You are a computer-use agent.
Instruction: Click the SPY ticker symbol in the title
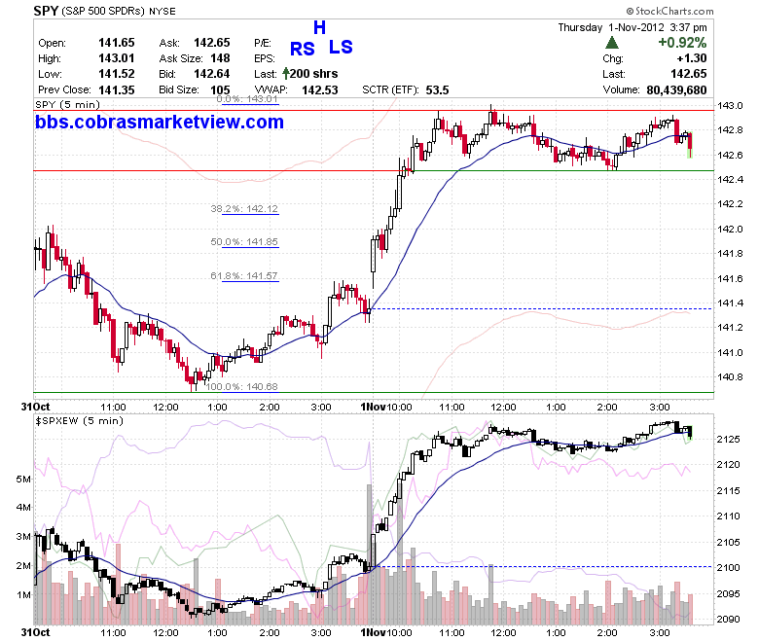pyautogui.click(x=46, y=10)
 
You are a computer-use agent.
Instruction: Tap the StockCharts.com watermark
pyautogui.click(x=669, y=11)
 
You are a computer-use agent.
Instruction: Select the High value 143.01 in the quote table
pyautogui.click(x=117, y=58)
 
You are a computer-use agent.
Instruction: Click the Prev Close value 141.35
pyautogui.click(x=117, y=90)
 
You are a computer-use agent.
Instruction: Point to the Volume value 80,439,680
pyautogui.click(x=676, y=90)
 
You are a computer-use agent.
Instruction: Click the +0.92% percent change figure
pyautogui.click(x=682, y=43)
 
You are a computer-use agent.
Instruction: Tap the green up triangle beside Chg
pyautogui.click(x=612, y=43)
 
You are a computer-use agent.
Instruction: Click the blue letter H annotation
pyautogui.click(x=319, y=27)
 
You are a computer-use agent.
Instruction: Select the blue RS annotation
pyautogui.click(x=303, y=49)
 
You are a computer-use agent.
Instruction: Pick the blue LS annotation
pyautogui.click(x=341, y=47)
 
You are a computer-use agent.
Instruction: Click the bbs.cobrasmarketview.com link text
pyautogui.click(x=160, y=122)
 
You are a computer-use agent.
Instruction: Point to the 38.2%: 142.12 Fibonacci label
pyautogui.click(x=244, y=208)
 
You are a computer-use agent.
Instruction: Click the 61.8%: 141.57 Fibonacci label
pyautogui.click(x=244, y=275)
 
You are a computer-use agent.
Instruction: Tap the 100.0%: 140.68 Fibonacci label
pyautogui.click(x=242, y=386)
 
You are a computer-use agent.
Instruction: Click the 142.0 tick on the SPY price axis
pyautogui.click(x=730, y=229)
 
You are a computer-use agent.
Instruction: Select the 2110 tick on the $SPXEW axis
pyautogui.click(x=729, y=516)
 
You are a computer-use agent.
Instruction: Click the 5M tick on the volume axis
pyautogui.click(x=23, y=479)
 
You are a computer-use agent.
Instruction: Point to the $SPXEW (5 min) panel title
pyautogui.click(x=80, y=421)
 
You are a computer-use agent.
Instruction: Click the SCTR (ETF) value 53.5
pyautogui.click(x=438, y=90)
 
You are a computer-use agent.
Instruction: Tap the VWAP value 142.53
pyautogui.click(x=320, y=90)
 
